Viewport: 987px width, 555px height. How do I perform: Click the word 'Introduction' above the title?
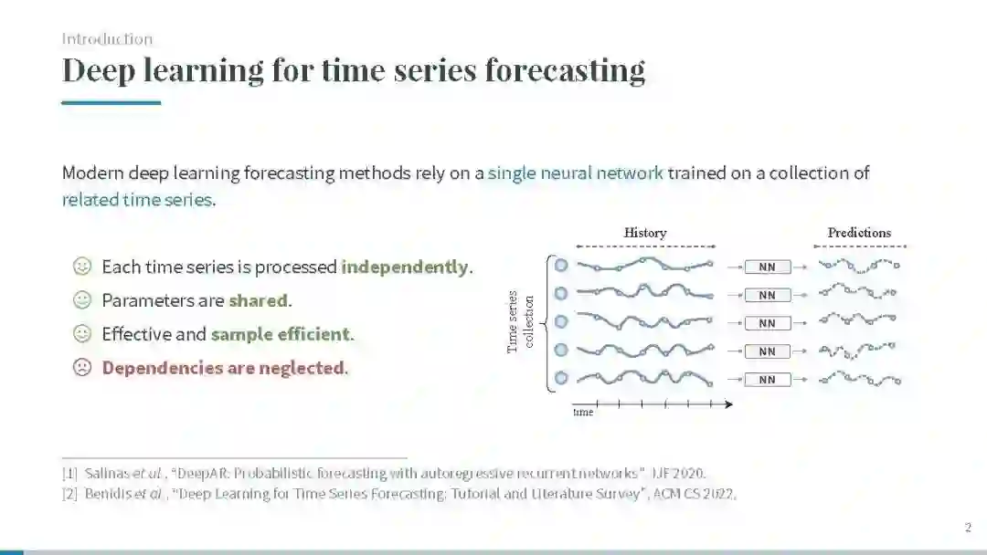107,39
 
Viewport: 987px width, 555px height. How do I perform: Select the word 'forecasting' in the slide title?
565,69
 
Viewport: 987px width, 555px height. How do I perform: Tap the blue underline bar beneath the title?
111,102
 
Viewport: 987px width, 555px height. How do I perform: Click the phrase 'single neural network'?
576,173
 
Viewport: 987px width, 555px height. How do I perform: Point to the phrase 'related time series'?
136,200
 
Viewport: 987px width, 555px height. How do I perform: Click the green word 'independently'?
405,267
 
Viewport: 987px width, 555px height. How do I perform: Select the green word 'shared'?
258,300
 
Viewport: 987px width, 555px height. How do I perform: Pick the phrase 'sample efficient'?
281,334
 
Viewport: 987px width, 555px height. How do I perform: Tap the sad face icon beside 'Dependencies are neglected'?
82,366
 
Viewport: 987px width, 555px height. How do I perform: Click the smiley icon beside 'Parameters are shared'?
82,299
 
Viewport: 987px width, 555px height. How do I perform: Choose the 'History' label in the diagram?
645,233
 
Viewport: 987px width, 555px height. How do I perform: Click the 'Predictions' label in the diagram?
859,233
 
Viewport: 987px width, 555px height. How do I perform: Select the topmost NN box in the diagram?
768,267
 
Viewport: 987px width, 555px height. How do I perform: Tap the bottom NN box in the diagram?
768,380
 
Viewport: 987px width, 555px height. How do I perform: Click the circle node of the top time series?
561,266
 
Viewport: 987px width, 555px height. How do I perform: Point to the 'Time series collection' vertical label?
521,322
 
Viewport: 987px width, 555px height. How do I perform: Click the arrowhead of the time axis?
729,404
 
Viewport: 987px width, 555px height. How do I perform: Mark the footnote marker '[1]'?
69,473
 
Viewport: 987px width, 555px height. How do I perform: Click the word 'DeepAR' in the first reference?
200,473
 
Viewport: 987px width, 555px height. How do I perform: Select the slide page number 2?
968,528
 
